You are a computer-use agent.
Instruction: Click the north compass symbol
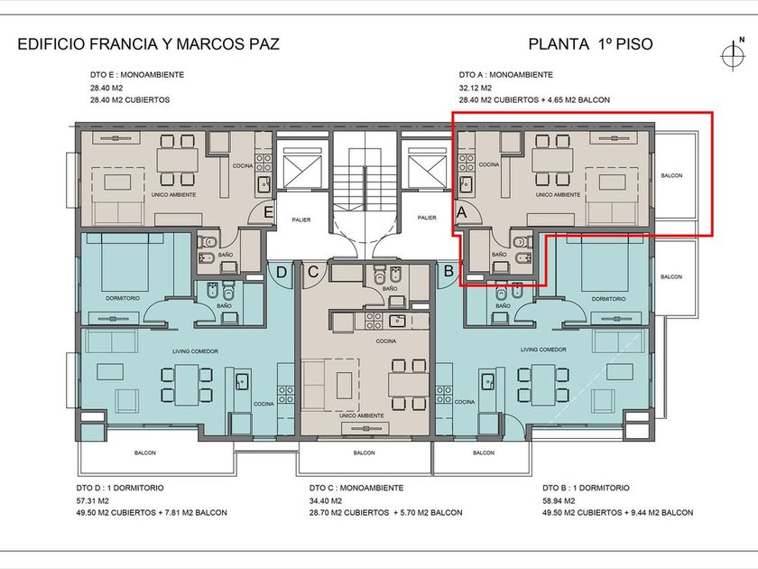[x=733, y=54]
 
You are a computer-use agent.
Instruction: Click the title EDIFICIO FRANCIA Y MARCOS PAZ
[x=148, y=44]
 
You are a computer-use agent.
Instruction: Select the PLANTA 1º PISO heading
[x=590, y=44]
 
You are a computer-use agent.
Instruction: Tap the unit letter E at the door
[x=268, y=212]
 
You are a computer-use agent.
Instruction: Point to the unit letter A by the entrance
[x=461, y=212]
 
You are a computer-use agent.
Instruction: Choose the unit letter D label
[x=281, y=273]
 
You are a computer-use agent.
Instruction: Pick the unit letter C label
[x=313, y=272]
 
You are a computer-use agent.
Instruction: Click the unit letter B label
[x=448, y=271]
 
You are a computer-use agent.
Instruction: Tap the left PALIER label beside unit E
[x=301, y=219]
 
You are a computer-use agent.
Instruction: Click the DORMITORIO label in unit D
[x=123, y=299]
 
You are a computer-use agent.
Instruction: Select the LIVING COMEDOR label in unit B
[x=543, y=350]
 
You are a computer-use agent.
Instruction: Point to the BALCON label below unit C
[x=364, y=452]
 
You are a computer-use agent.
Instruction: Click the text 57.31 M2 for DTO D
[x=92, y=500]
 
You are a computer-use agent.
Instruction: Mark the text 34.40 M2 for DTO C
[x=326, y=500]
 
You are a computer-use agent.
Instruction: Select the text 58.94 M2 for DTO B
[x=559, y=500]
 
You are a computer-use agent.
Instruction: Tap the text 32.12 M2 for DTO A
[x=476, y=89]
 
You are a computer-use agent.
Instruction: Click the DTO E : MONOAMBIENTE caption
[x=137, y=75]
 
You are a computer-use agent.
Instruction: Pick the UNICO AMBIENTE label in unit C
[x=362, y=415]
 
